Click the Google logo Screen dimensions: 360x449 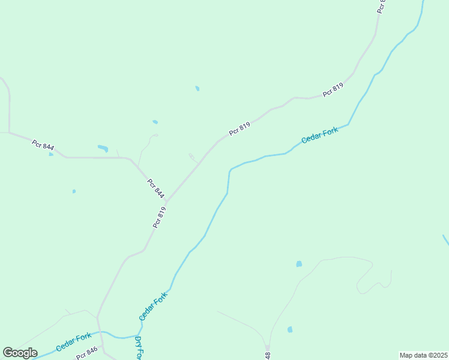pyautogui.click(x=20, y=352)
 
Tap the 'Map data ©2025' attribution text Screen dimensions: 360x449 pyautogui.click(x=423, y=355)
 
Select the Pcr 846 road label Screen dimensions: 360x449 pyautogui.click(x=86, y=354)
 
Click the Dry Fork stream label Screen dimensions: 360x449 pyautogui.click(x=138, y=349)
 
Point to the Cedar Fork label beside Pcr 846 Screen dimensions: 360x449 pyautogui.click(x=73, y=343)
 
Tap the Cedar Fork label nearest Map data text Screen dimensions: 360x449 pyautogui.click(x=319, y=135)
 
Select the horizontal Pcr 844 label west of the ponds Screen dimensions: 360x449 pyautogui.click(x=43, y=145)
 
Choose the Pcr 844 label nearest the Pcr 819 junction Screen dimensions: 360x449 pyautogui.click(x=155, y=188)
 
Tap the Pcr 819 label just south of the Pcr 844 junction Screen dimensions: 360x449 pyautogui.click(x=159, y=217)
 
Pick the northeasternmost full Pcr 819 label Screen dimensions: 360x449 pyautogui.click(x=333, y=90)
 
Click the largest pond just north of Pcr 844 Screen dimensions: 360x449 pyautogui.click(x=103, y=148)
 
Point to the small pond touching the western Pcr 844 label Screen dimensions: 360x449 pyautogui.click(x=51, y=154)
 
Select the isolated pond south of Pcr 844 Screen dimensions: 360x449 pyautogui.click(x=74, y=191)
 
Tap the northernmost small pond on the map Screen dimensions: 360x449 pyautogui.click(x=197, y=89)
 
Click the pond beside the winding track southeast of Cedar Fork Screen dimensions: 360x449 pyautogui.click(x=299, y=264)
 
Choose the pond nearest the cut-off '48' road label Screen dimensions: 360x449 pyautogui.click(x=290, y=329)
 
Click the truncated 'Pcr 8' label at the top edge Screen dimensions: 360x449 pyautogui.click(x=381, y=7)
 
